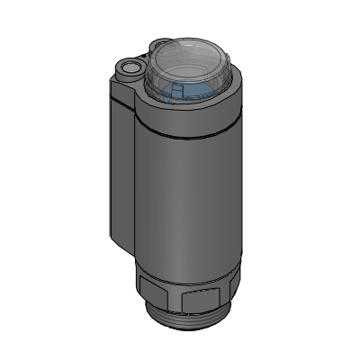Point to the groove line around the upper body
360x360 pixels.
[x=189, y=135]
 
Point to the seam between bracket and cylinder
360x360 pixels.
[x=134, y=180]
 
